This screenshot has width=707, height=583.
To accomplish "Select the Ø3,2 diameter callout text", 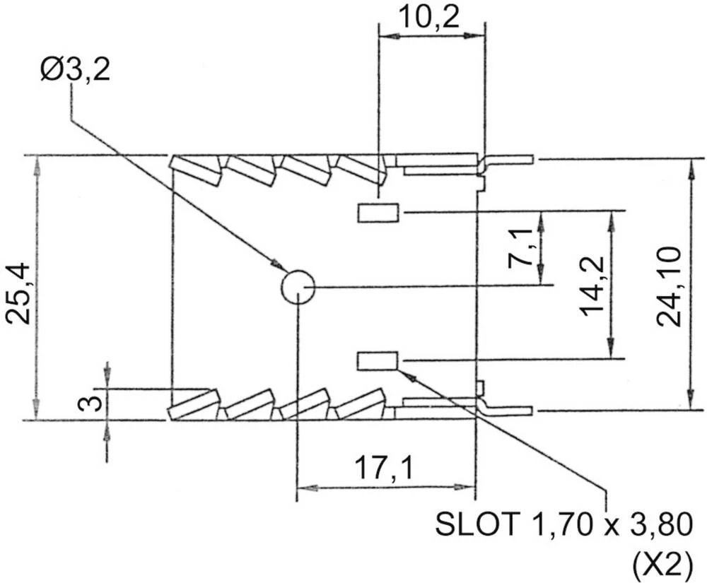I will (x=75, y=71).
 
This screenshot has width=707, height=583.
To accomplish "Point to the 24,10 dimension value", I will (x=669, y=287).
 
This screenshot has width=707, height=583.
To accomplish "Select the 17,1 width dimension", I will (x=383, y=468).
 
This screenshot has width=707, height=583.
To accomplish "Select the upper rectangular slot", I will (x=378, y=212).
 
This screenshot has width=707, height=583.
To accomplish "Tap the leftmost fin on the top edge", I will (x=195, y=170).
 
